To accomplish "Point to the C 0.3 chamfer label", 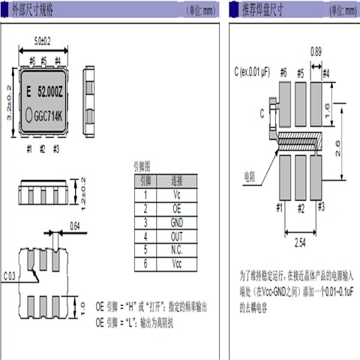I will [x=10, y=277].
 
